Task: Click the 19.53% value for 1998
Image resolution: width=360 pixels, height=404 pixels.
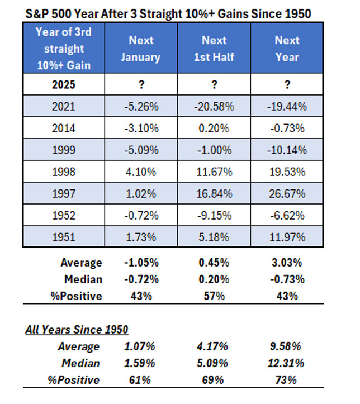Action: tap(287, 173)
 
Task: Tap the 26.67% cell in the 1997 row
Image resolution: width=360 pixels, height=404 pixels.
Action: tap(287, 194)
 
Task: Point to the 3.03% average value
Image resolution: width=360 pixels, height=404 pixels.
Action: tap(287, 263)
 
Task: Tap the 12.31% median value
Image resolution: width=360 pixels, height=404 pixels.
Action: tap(287, 363)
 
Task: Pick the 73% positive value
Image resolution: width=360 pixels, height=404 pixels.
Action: tap(287, 380)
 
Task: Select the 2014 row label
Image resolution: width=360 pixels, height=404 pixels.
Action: tap(64, 129)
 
